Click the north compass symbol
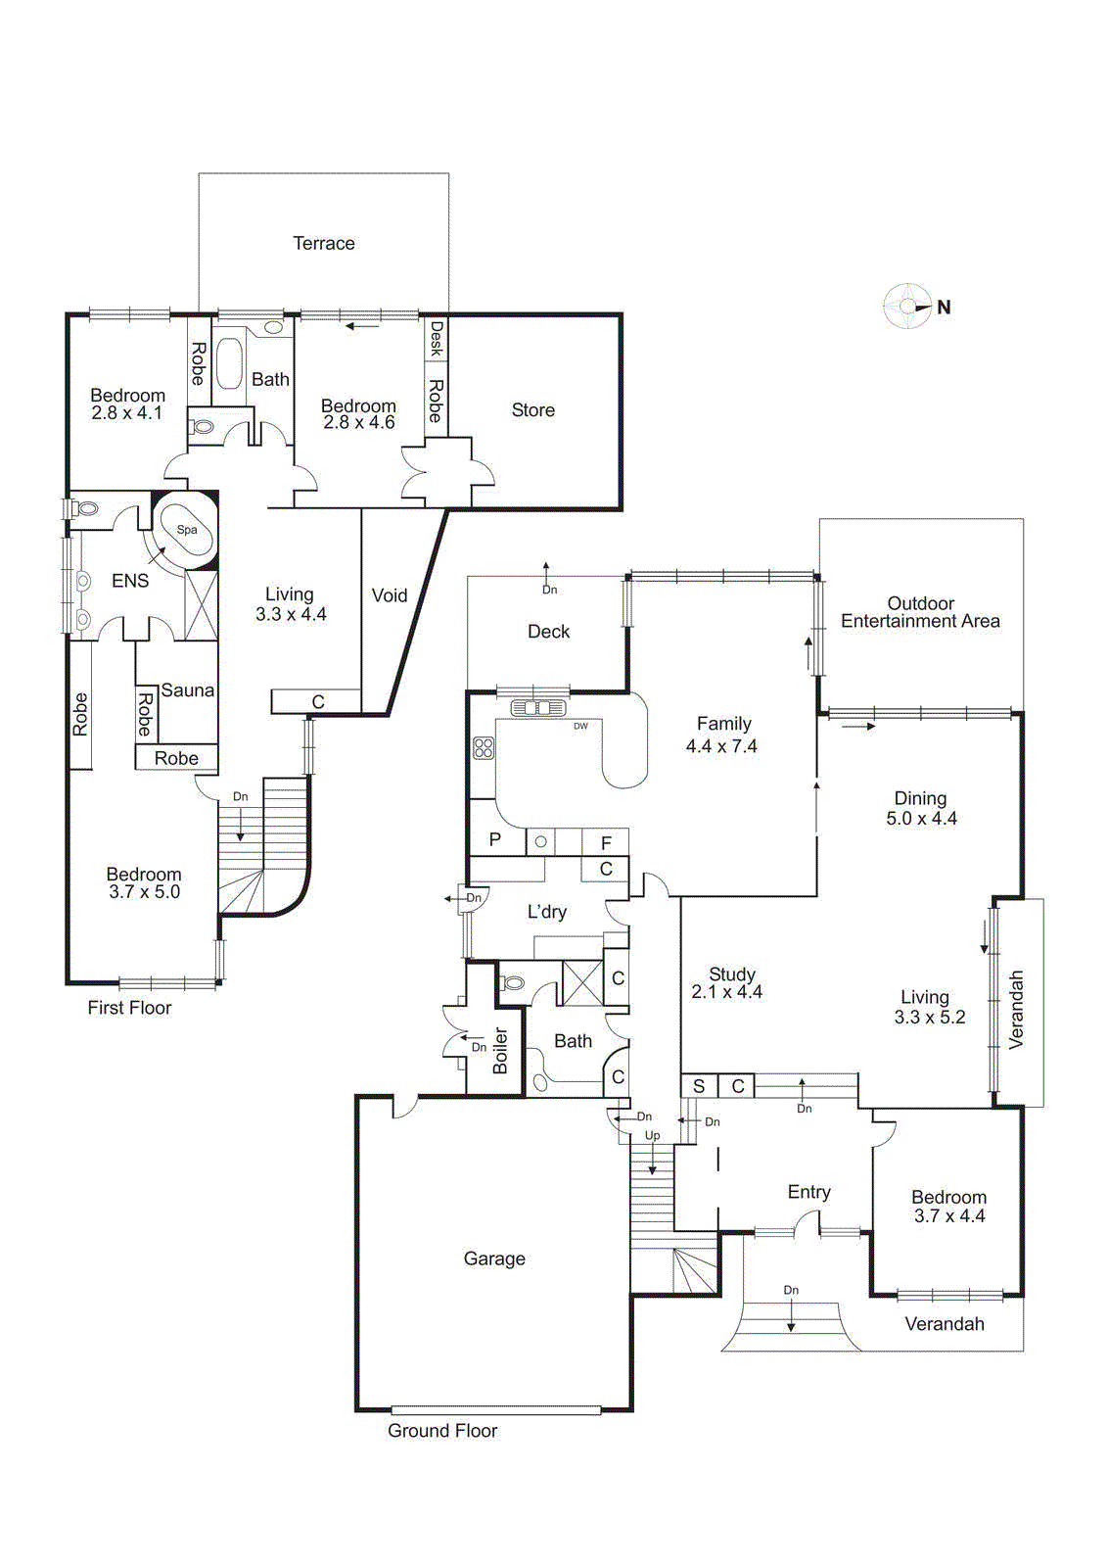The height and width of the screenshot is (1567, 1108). pyautogui.click(x=907, y=307)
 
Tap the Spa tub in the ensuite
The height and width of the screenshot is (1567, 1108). pyautogui.click(x=186, y=531)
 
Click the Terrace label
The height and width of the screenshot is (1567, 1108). pyautogui.click(x=324, y=243)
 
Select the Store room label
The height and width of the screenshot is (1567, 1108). pyautogui.click(x=532, y=410)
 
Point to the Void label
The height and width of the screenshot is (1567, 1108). pyautogui.click(x=389, y=595)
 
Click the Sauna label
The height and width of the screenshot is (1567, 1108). pyautogui.click(x=187, y=690)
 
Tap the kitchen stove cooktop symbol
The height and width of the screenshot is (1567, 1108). pyautogui.click(x=484, y=749)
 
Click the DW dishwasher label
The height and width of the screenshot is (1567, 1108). pyautogui.click(x=580, y=726)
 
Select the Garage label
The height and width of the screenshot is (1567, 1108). pyautogui.click(x=494, y=1258)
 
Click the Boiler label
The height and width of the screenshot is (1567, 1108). pyautogui.click(x=500, y=1051)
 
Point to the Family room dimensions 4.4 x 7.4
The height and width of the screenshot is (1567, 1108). pyautogui.click(x=721, y=746)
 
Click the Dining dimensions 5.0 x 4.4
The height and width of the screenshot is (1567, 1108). pyautogui.click(x=921, y=819)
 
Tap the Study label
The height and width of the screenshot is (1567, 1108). pyautogui.click(x=731, y=974)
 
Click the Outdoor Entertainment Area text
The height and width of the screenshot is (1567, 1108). pyautogui.click(x=920, y=612)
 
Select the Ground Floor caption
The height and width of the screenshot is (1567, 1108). pyautogui.click(x=442, y=1430)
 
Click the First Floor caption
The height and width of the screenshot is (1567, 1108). pyautogui.click(x=129, y=1008)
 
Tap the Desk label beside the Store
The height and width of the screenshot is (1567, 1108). pyautogui.click(x=437, y=338)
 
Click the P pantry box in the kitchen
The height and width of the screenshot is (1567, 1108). pyautogui.click(x=495, y=839)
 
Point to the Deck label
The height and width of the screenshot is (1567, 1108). pyautogui.click(x=548, y=632)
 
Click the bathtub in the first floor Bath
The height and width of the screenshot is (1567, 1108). pyautogui.click(x=229, y=364)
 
